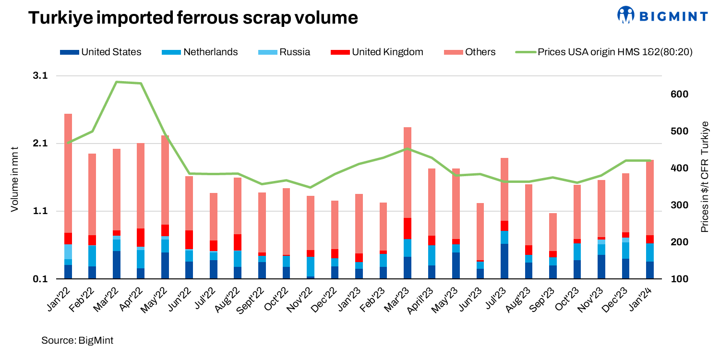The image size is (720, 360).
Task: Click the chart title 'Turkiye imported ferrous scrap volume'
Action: click(x=193, y=18)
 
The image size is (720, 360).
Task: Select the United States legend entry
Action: click(x=101, y=52)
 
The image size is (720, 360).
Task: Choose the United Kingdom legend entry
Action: click(x=377, y=52)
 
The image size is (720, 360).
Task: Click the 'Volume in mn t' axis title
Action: click(x=15, y=178)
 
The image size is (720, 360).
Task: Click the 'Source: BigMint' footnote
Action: click(x=77, y=340)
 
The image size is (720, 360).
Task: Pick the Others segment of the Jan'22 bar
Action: click(x=68, y=173)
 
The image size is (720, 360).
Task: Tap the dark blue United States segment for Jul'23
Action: click(x=504, y=261)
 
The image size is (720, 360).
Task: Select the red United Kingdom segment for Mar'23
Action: click(x=408, y=228)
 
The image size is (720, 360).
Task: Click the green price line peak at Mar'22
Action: click(x=117, y=82)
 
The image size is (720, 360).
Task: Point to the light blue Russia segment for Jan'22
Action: click(x=68, y=252)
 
